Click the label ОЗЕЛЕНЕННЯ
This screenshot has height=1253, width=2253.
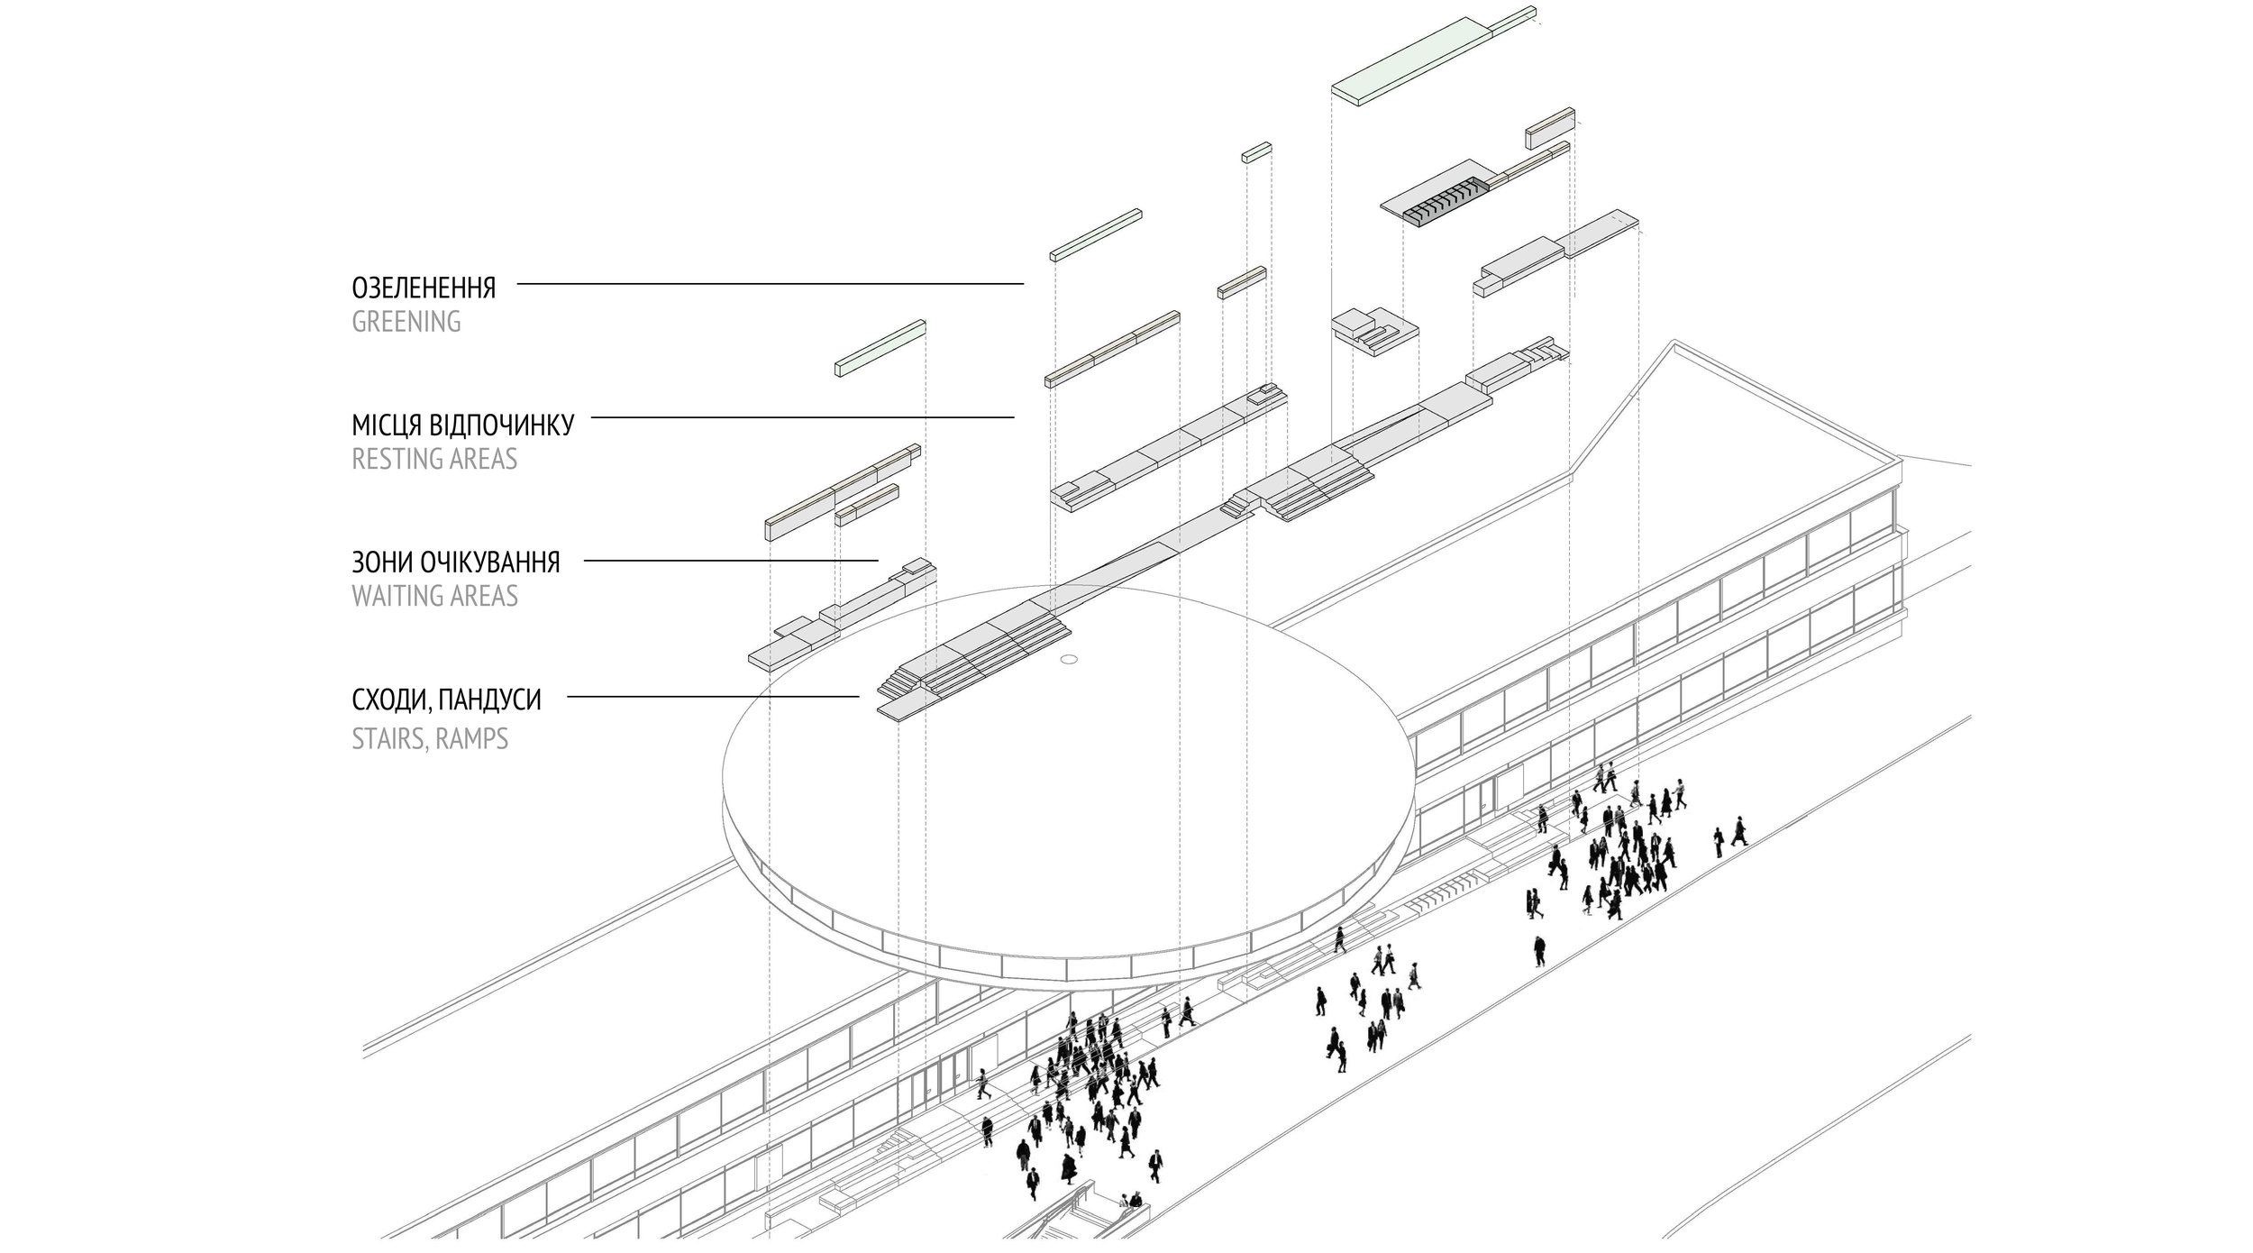click(x=424, y=288)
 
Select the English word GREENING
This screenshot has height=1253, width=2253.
click(x=406, y=322)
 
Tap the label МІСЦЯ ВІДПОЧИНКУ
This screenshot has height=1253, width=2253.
click(x=462, y=425)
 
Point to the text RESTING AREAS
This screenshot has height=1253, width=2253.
click(x=434, y=460)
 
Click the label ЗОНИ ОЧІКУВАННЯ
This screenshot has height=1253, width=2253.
click(x=455, y=562)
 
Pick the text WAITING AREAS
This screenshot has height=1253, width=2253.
click(x=434, y=597)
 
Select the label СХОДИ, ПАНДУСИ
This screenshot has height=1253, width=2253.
click(x=446, y=700)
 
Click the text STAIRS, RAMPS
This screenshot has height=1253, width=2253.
click(x=430, y=739)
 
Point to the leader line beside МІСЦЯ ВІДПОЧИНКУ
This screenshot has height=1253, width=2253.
click(x=802, y=417)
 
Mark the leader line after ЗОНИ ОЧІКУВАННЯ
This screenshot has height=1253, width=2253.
click(x=730, y=561)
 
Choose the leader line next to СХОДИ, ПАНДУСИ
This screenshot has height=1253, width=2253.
click(x=712, y=696)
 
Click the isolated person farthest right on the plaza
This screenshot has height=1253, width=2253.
click(x=1739, y=831)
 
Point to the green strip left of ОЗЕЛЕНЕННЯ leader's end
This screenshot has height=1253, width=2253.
click(x=1096, y=234)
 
